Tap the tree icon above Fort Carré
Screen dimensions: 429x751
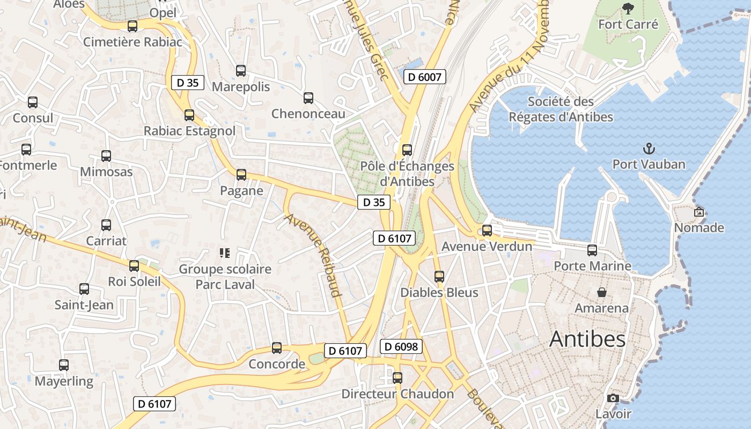pos(628,8)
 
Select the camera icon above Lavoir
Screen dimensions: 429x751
pos(613,398)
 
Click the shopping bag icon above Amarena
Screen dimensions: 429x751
pos(602,292)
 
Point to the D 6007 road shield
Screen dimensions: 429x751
pos(424,77)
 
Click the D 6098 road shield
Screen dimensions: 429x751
pos(401,346)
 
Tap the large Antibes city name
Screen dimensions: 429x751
pos(587,339)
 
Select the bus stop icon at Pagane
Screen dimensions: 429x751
pos(241,174)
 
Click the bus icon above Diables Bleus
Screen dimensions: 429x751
pos(439,277)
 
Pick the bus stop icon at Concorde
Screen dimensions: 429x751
pos(277,348)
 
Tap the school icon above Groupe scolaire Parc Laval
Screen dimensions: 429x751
pos(225,253)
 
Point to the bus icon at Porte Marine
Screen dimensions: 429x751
pos(592,250)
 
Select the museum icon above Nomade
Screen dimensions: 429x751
pos(698,212)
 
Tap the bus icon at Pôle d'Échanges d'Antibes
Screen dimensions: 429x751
pos(407,150)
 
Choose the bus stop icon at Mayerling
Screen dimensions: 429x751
pos(64,365)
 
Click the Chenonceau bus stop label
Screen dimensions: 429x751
pos(308,114)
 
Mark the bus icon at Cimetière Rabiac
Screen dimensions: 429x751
pos(132,26)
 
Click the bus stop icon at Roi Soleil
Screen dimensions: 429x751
pos(134,265)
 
